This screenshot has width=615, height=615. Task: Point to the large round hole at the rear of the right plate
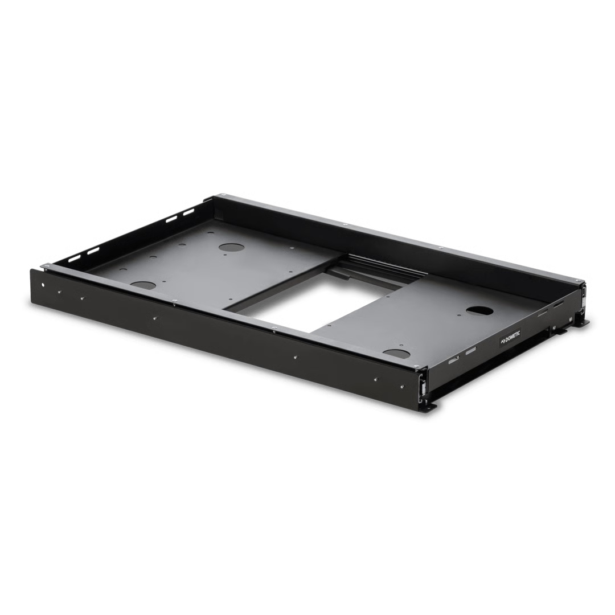pyautogui.click(x=479, y=311)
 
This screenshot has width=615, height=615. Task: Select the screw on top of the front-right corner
pyautogui.click(x=419, y=366)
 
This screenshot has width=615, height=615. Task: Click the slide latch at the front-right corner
pyautogui.click(x=423, y=385)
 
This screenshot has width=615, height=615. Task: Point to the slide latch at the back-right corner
pyautogui.click(x=584, y=296)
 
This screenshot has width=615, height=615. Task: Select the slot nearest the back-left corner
pyautogui.click(x=188, y=214)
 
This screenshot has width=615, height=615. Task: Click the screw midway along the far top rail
pyautogui.click(x=346, y=225)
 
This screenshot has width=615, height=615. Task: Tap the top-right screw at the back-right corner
pyautogui.click(x=581, y=282)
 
